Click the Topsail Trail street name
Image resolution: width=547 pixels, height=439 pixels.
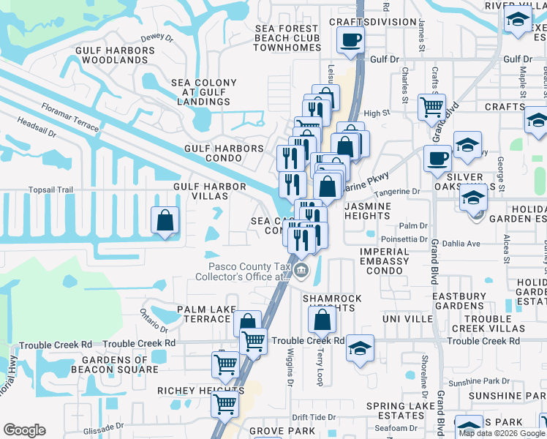(x=50, y=190)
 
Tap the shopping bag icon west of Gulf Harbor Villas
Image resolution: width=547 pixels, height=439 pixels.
(x=165, y=219)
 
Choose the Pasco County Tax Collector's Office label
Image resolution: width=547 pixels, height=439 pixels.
(x=242, y=271)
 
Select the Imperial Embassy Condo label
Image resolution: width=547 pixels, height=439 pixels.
(x=381, y=261)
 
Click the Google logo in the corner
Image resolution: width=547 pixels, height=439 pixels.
(x=24, y=430)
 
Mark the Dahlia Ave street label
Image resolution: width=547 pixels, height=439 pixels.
(x=463, y=244)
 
